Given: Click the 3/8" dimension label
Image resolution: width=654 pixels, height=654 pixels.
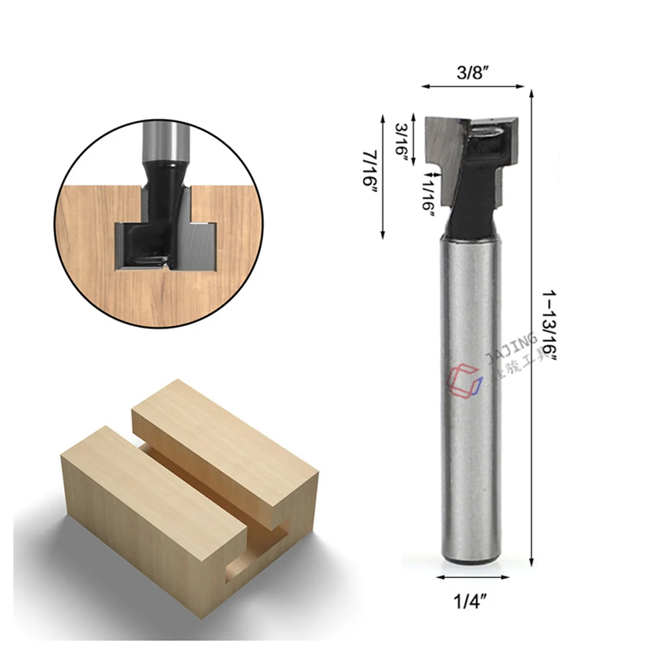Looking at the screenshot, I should pyautogui.click(x=473, y=73).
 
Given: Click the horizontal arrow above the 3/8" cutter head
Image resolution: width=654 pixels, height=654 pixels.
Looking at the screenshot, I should pyautogui.click(x=473, y=86).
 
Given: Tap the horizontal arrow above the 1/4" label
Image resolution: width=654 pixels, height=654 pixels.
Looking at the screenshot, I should pyautogui.click(x=472, y=577).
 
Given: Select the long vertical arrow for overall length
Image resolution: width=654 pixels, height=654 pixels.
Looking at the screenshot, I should pyautogui.click(x=531, y=327).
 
